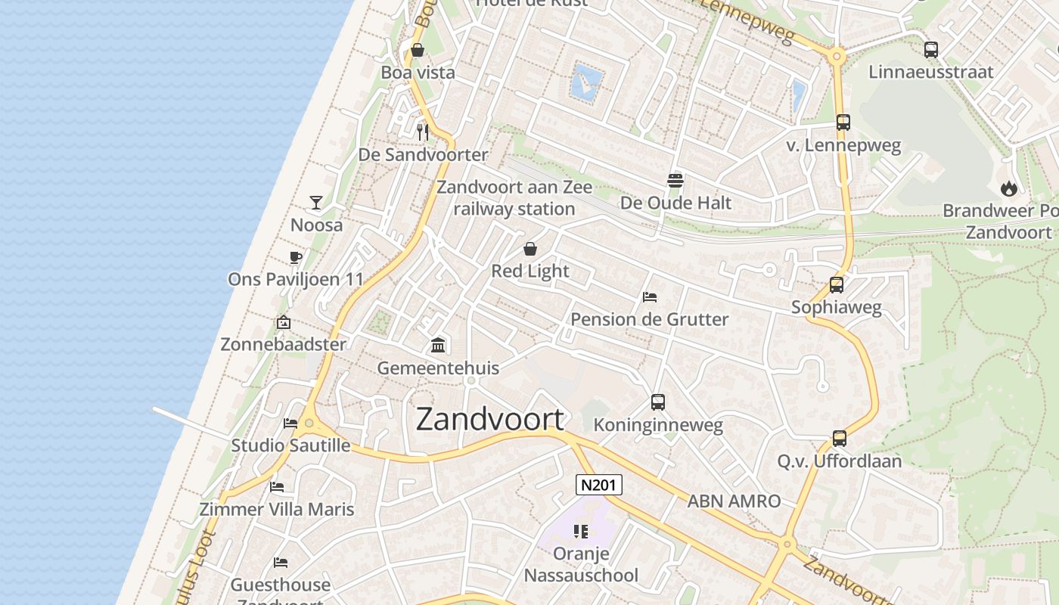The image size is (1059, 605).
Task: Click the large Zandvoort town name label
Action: pos(490,420)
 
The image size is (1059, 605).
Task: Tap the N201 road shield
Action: pos(598,485)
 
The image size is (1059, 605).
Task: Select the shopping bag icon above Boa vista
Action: pos(417,51)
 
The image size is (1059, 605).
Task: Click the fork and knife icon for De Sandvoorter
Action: pos(423,132)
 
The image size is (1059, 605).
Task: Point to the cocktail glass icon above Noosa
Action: pos(316,203)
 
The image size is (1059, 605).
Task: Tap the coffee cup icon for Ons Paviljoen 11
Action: pos(296,257)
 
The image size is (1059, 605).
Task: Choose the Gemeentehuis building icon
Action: pos(438,346)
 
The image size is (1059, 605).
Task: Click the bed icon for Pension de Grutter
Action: pos(649,297)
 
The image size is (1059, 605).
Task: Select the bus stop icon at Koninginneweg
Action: pos(658,402)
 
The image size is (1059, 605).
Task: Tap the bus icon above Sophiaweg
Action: pos(837,285)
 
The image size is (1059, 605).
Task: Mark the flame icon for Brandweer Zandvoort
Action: pos(1008,188)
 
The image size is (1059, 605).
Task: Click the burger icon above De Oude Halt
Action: pos(675,180)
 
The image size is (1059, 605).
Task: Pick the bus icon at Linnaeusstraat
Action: pos(931,50)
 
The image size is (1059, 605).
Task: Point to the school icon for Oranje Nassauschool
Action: pos(581,531)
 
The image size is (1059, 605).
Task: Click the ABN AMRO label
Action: pos(734,501)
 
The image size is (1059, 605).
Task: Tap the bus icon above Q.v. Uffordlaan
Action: pos(840,439)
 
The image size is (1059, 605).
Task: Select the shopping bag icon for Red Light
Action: pos(530,249)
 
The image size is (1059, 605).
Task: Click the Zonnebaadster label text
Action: pos(283,344)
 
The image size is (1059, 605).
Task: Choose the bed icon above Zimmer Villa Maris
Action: pos(277,486)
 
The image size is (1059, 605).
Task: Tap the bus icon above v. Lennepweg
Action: pos(843,123)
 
